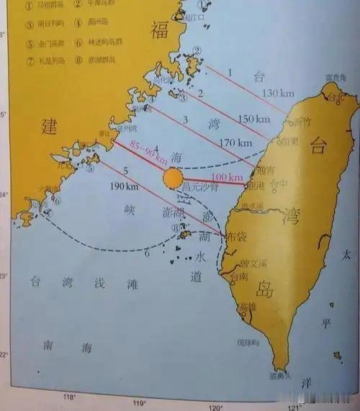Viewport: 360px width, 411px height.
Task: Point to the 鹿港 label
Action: coord(256,186)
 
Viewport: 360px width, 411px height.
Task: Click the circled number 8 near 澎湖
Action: coord(174,227)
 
